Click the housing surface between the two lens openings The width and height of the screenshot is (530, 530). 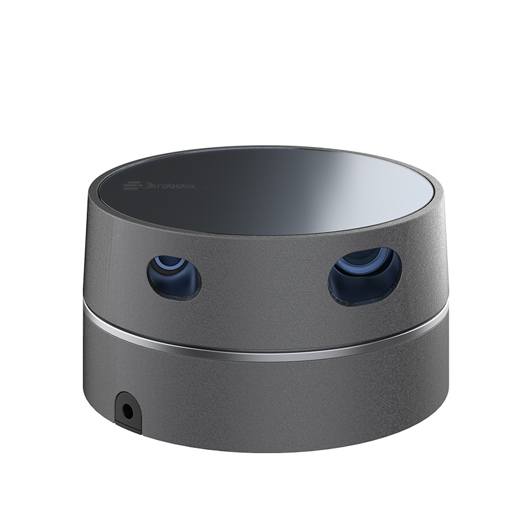point(265,278)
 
